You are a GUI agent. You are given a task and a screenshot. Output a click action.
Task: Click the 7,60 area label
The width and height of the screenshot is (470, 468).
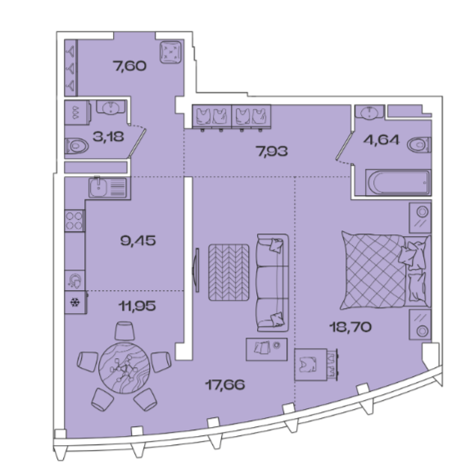pos(129,66)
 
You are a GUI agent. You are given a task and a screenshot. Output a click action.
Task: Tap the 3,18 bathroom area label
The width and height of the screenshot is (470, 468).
pos(108,137)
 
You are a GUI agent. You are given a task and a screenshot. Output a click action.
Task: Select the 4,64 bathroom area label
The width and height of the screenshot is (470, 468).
pos(382,139)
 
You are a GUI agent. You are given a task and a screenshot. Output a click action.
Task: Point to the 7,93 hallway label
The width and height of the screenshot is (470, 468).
pos(272,151)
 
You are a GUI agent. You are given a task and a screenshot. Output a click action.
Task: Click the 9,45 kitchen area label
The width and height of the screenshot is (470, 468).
pos(138,240)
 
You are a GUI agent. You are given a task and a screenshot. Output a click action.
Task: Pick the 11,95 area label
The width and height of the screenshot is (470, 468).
pos(138,306)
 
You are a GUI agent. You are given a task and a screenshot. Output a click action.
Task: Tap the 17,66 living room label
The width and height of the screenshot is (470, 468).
pos(225,384)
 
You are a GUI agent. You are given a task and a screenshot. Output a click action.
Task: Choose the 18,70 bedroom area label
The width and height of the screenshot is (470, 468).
pos(350,327)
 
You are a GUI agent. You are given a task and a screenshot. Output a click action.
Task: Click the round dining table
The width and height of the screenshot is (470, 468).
pos(124,368)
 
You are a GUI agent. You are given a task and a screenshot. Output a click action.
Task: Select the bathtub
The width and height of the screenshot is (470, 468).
pos(399,183)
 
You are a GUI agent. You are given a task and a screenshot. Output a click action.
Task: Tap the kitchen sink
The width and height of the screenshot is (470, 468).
pos(108,188)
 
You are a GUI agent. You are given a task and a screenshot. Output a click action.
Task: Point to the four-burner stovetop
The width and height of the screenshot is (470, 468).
pos(75,220)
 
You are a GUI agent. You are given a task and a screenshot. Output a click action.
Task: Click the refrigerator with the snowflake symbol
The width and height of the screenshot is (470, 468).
pos(75,302)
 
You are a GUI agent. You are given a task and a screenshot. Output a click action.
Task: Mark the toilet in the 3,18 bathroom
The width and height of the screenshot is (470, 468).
pos(77,146)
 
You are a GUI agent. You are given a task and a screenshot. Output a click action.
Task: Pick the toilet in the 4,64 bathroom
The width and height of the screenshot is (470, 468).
pos(419,144)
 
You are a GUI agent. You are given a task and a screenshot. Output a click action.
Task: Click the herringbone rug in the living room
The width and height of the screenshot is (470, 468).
pos(228,272)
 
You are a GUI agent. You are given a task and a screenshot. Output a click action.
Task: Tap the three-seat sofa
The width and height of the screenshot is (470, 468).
pos(273,283)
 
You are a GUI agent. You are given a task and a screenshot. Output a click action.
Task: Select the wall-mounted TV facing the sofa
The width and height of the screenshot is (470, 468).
pos(197,270)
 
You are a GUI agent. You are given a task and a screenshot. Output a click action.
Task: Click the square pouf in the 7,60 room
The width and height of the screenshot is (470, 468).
pos(170,52)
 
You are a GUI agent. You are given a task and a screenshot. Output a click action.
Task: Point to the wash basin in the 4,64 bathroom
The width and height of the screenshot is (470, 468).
pos(369,111)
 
